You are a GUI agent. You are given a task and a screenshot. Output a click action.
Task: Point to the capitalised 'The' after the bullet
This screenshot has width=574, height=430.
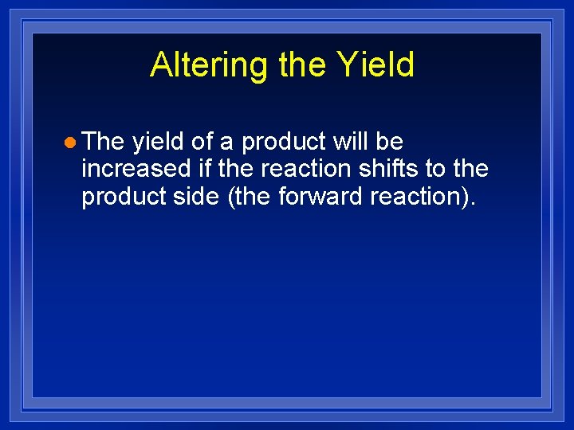coord(103,142)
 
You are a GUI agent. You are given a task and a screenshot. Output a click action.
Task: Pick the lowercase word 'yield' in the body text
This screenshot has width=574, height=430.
coord(158,142)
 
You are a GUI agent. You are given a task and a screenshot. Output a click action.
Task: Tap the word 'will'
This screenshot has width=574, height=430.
coord(351,142)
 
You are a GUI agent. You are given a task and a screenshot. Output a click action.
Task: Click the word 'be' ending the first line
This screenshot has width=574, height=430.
coord(390,142)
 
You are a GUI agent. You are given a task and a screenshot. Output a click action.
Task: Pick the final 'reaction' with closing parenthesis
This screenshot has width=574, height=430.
coord(423,197)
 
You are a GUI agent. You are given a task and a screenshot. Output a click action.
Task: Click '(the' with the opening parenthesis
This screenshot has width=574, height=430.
coord(250,197)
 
